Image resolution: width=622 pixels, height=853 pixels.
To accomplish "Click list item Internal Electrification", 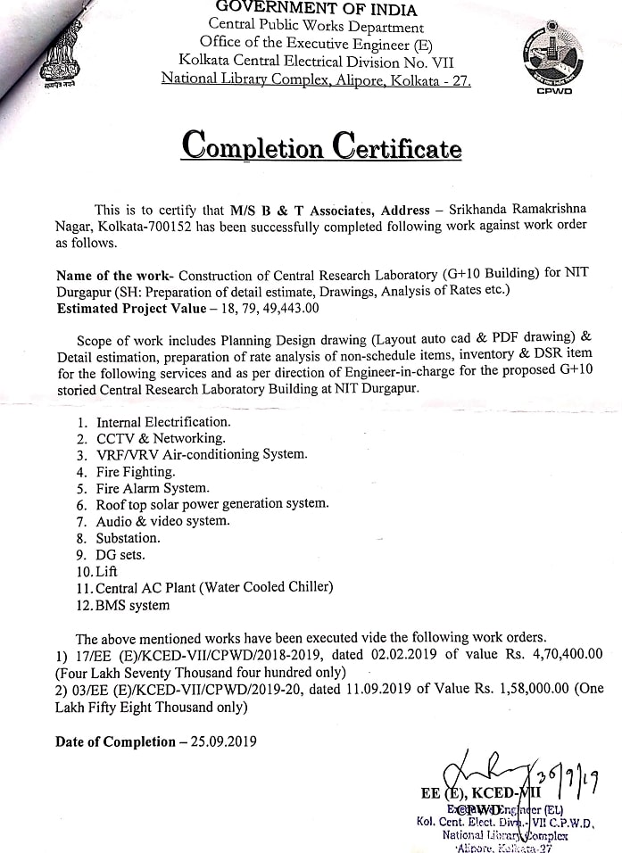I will click(163, 421).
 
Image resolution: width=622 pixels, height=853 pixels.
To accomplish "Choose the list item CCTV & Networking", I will click(161, 438).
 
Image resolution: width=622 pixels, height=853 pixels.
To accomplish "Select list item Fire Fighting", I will click(136, 471).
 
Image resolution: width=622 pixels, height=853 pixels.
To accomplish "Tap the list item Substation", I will click(129, 538).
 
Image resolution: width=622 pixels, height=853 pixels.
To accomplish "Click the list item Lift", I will click(106, 571).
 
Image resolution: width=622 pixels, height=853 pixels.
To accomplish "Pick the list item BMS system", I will click(133, 605).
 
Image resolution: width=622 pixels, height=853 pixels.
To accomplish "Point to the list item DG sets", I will click(120, 554).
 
